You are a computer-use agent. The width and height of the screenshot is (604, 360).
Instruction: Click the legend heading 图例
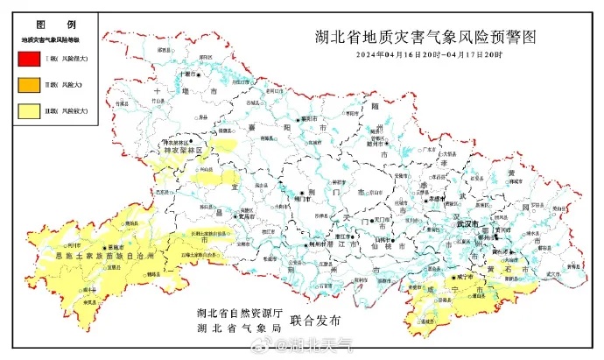coord(47,26)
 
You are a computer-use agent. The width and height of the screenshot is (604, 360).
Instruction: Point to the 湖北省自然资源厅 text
coord(236,313)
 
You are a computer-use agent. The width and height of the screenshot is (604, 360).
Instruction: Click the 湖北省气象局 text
coord(236,328)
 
